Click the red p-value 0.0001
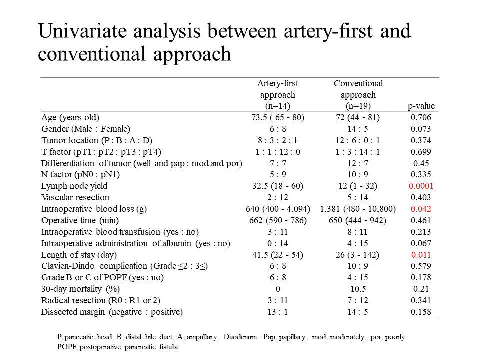pyautogui.click(x=421, y=186)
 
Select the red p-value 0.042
pyautogui.click(x=421, y=209)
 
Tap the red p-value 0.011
pyautogui.click(x=421, y=255)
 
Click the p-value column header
pyautogui.click(x=421, y=106)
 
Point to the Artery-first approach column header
pyautogui.click(x=278, y=94)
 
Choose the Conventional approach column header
pyautogui.click(x=358, y=94)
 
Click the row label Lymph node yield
pyautogui.click(x=74, y=186)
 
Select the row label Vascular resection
pyautogui.click(x=75, y=197)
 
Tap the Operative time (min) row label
pyautogui.click(x=80, y=220)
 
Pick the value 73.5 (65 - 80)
pyautogui.click(x=278, y=117)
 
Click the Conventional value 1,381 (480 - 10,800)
pyautogui.click(x=358, y=209)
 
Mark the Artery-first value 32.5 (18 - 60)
pyautogui.click(x=278, y=186)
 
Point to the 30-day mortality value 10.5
pyautogui.click(x=358, y=289)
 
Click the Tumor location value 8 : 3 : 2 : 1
pyautogui.click(x=278, y=140)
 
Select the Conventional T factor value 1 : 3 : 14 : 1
pyautogui.click(x=358, y=152)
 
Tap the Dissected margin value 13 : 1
pyautogui.click(x=278, y=312)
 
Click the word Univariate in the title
pyautogui.click(x=82, y=31)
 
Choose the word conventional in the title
pyautogui.click(x=92, y=54)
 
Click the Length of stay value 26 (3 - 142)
pyautogui.click(x=358, y=255)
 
